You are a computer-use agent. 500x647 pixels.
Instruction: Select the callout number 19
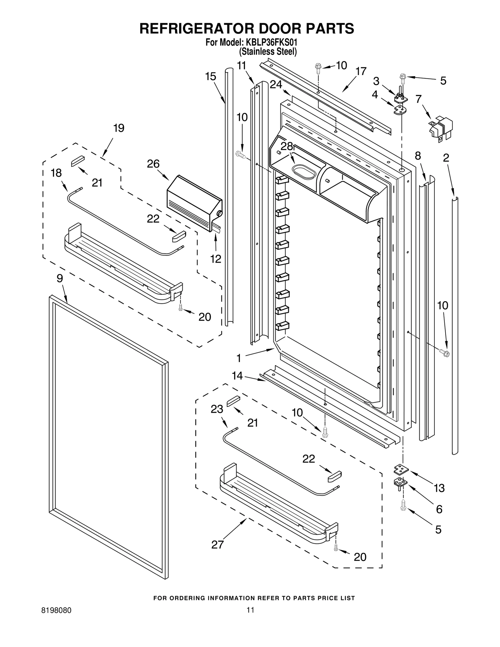coord(118,128)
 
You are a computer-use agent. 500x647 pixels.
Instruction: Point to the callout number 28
coord(287,146)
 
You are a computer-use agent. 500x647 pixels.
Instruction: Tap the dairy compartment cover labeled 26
coord(194,203)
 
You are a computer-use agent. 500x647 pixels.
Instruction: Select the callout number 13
coord(439,488)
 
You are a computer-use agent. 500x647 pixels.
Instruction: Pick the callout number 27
coord(217,545)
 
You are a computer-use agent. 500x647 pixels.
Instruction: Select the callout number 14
coord(237,376)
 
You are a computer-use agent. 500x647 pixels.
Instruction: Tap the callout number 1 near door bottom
coord(239,358)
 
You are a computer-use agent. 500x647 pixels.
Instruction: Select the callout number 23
coord(217,409)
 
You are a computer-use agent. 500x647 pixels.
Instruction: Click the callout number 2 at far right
coord(446,158)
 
